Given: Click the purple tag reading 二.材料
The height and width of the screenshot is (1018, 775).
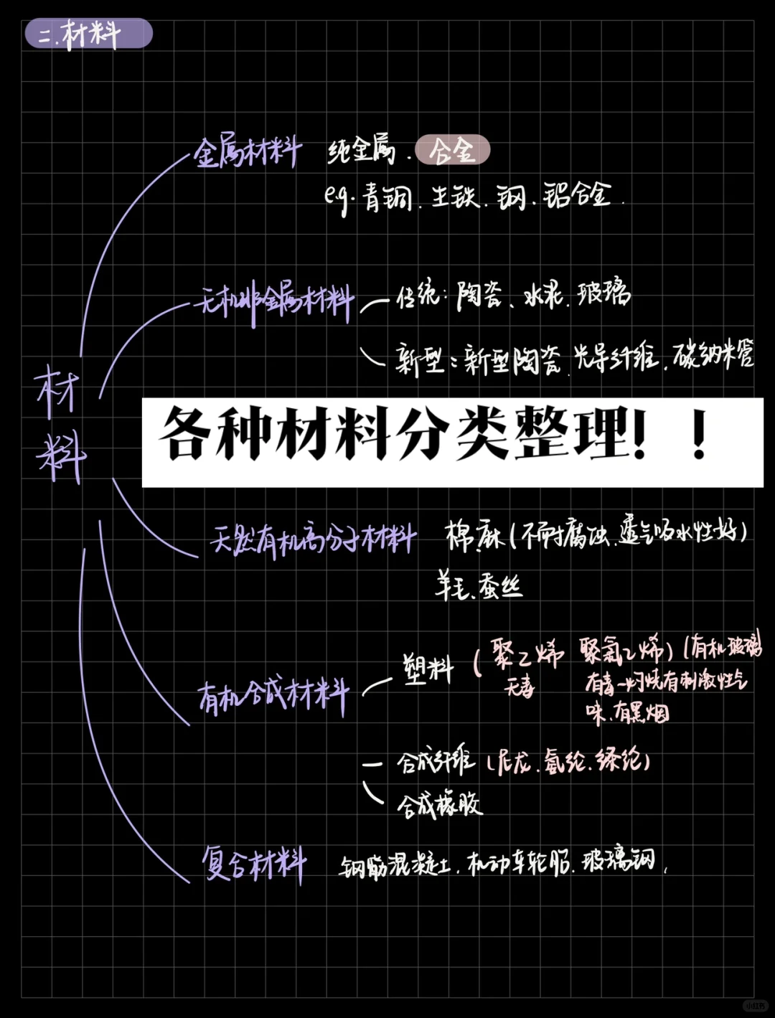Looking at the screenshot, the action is tap(88, 34).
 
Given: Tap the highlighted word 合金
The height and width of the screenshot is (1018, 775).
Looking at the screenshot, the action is tap(453, 151).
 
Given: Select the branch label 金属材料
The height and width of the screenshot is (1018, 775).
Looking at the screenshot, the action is tap(247, 152).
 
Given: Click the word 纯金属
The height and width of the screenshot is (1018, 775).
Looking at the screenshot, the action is tap(362, 151).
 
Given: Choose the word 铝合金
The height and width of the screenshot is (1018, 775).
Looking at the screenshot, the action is tap(577, 195).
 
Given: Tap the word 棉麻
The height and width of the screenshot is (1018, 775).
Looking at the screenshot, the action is tap(473, 535).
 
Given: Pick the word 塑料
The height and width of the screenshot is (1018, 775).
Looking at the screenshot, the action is tap(428, 669).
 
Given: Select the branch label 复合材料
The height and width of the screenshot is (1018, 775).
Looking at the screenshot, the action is tap(254, 862).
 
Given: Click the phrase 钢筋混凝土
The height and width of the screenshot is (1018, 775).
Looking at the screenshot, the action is tap(395, 866).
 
